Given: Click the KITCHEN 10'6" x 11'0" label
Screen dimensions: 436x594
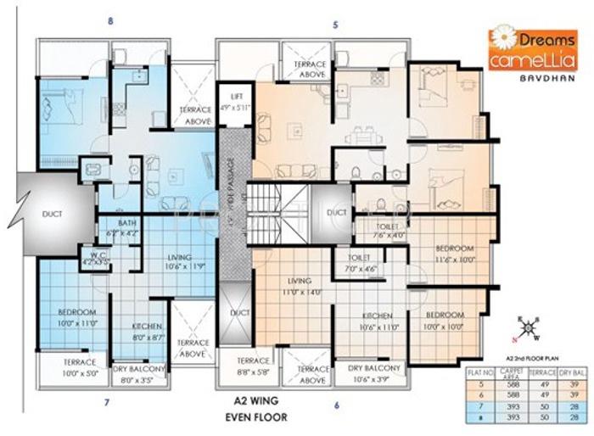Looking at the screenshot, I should point(378,320).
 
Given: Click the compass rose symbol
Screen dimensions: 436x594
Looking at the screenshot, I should point(528,327).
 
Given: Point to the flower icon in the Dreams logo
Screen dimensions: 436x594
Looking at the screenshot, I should point(502,38).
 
